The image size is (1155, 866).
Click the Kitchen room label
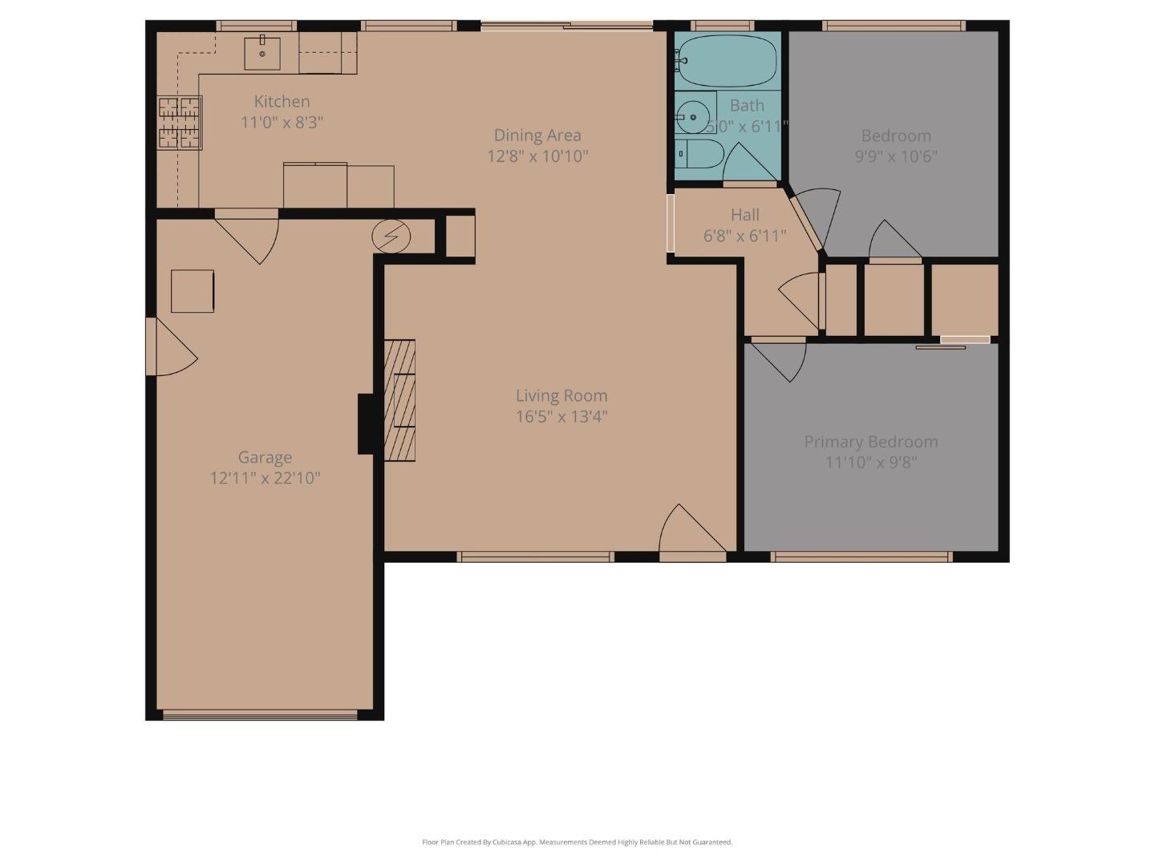click(282, 102)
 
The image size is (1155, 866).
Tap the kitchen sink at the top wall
click(262, 53)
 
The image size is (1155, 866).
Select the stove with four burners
click(180, 123)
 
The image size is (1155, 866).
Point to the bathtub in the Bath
click(727, 61)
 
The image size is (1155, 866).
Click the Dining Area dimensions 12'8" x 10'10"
click(537, 156)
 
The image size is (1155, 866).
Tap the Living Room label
click(561, 395)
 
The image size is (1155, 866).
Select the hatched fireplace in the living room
click(400, 400)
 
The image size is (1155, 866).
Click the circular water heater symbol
click(391, 237)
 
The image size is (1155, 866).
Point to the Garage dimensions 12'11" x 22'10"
click(265, 479)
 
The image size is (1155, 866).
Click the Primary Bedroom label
click(870, 442)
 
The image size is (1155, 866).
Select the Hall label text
click(744, 215)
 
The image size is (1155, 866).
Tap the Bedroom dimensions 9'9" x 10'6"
click(896, 156)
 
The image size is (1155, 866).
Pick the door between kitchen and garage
click(249, 234)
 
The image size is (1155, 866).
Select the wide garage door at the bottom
click(260, 714)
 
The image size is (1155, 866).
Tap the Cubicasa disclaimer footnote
click(577, 842)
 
